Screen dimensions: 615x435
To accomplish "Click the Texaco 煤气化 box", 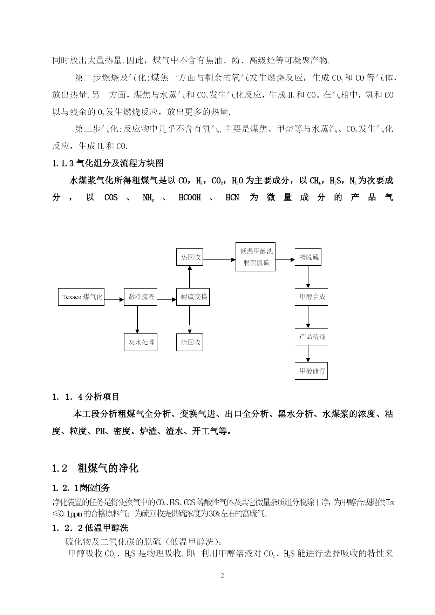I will pyautogui.click(x=81, y=297).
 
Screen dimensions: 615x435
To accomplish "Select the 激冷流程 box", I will pyautogui.click(x=141, y=297).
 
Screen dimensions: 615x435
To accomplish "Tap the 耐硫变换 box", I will pyautogui.click(x=193, y=297).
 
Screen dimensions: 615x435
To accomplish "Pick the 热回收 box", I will pyautogui.click(x=190, y=257).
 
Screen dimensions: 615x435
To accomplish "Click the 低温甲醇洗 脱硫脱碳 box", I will pyautogui.click(x=256, y=257).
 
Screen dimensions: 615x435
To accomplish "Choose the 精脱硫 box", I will pyautogui.click(x=308, y=257).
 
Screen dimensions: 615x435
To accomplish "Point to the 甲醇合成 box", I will pyautogui.click(x=311, y=297).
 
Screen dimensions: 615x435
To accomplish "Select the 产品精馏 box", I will pyautogui.click(x=311, y=337).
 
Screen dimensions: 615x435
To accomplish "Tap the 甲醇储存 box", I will pyautogui.click(x=311, y=371).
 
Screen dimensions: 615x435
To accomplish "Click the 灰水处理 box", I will pyautogui.click(x=141, y=342).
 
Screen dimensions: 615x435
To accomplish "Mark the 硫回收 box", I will pyautogui.click(x=190, y=342).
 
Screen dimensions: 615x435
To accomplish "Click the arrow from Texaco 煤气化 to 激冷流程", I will pyautogui.click(x=114, y=300).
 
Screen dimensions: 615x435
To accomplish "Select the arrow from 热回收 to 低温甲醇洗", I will pyautogui.click(x=219, y=260).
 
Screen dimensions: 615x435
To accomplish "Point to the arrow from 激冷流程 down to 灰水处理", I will pyautogui.click(x=137, y=319).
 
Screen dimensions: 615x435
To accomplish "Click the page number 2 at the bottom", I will pyautogui.click(x=222, y=575).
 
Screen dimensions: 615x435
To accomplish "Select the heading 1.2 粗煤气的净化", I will pyautogui.click(x=95, y=468).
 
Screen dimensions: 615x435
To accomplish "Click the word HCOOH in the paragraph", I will pyautogui.click(x=190, y=198).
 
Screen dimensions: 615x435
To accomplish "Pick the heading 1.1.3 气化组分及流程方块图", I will pyautogui.click(x=108, y=163).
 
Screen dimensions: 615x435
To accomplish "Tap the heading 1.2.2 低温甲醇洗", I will pyautogui.click(x=90, y=528).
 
